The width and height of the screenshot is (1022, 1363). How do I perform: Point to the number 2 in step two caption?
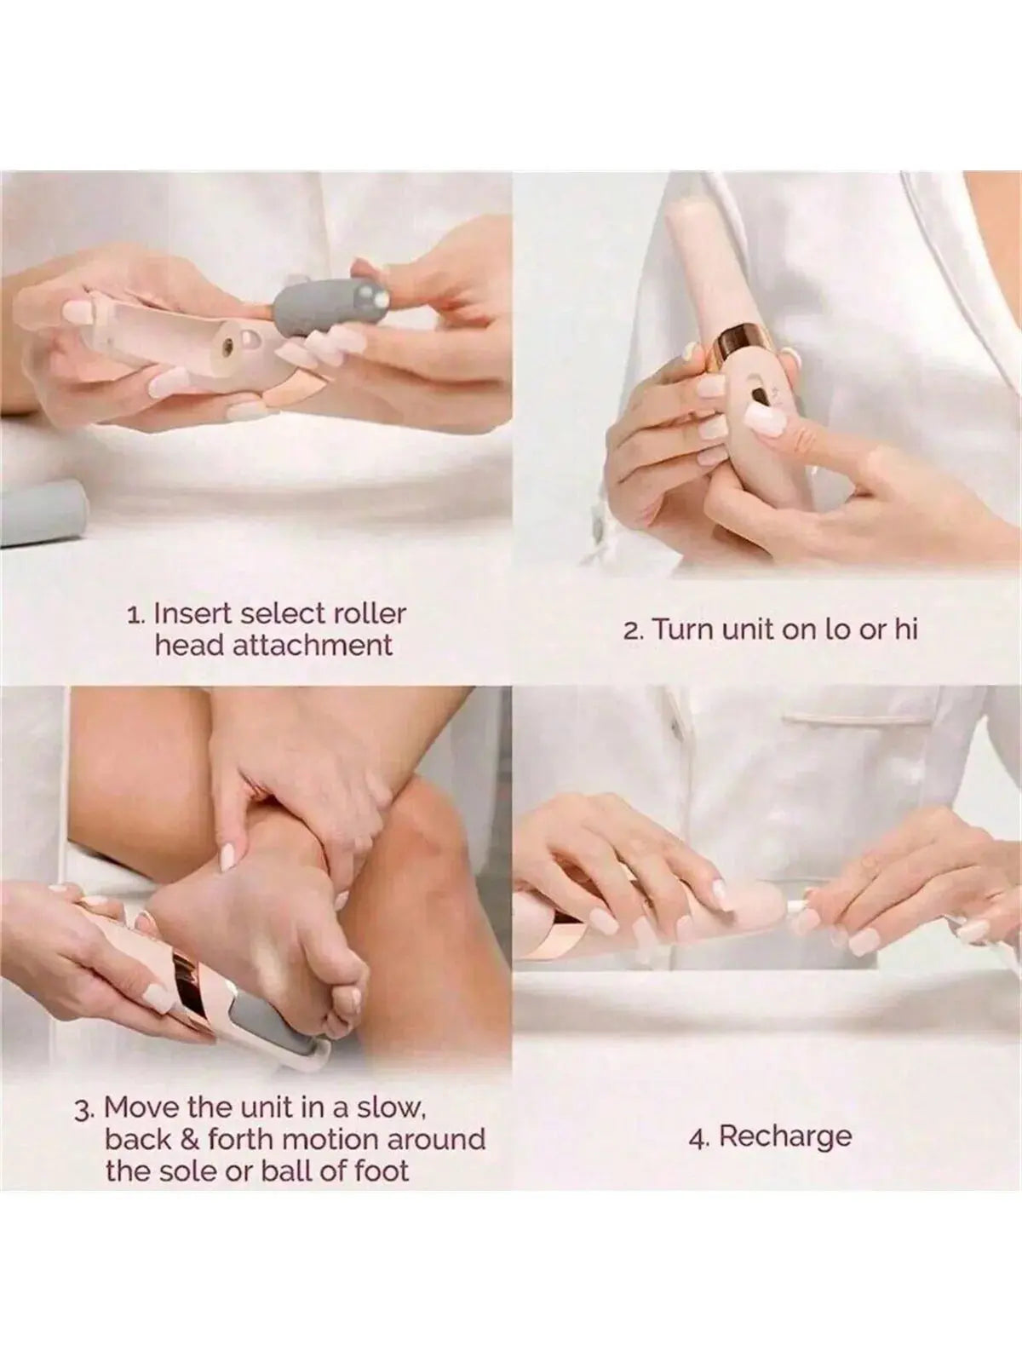click(631, 631)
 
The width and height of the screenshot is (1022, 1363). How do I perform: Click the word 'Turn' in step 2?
click(679, 630)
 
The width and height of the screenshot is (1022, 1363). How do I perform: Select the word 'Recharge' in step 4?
click(785, 1136)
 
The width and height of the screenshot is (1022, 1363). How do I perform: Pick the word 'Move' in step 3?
click(139, 1107)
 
